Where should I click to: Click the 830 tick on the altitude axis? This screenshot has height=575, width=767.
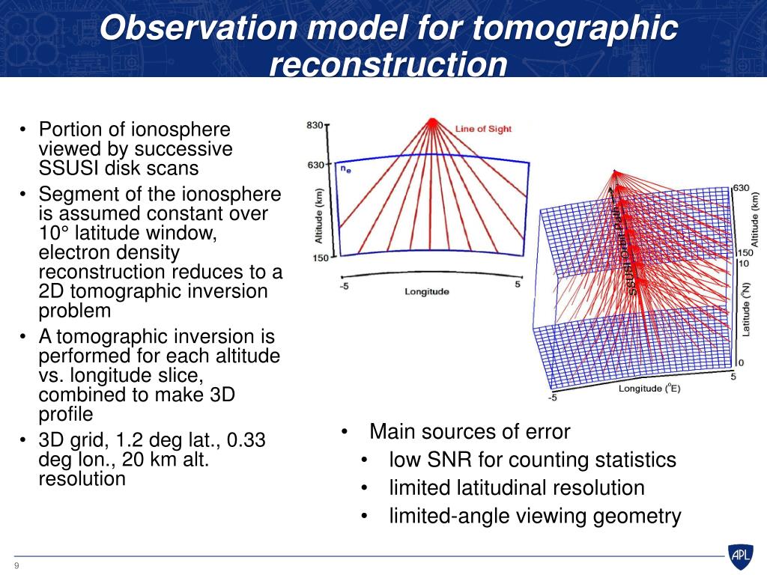coord(315,125)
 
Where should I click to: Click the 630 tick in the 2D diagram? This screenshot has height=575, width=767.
coord(315,165)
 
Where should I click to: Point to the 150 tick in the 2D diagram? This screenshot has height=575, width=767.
coord(321,258)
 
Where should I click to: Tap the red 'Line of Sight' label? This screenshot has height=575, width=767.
coord(483,129)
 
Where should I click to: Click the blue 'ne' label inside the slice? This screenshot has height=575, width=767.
coord(345,169)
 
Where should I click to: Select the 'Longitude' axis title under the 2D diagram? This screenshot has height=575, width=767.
coord(426,292)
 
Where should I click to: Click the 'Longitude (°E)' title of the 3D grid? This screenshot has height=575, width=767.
coord(649,389)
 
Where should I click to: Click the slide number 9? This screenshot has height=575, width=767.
coord(17,566)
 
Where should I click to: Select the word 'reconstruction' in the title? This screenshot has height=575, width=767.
coord(389,64)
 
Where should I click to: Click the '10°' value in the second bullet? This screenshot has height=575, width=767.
coord(54,233)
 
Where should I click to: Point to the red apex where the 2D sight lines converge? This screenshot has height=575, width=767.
coord(432,121)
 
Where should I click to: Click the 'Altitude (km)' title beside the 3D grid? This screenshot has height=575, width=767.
coord(754,219)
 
